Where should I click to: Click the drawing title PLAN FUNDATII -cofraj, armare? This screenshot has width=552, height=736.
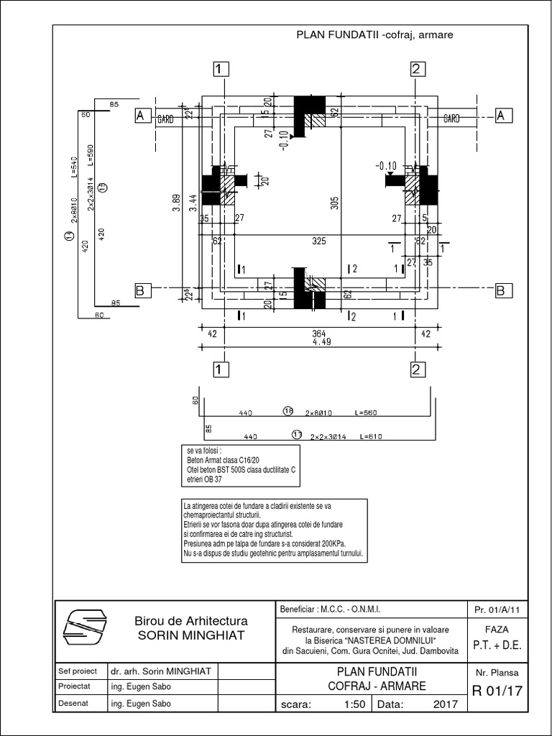click(x=374, y=34)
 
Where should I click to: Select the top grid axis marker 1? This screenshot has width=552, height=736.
click(x=221, y=69)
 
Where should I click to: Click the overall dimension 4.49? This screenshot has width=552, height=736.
click(x=318, y=342)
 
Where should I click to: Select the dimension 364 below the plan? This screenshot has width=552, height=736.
click(x=318, y=332)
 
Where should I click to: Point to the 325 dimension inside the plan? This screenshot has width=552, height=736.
click(x=319, y=241)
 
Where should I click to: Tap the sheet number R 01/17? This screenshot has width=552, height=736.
click(x=497, y=692)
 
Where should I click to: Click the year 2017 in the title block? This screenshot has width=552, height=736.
click(x=446, y=704)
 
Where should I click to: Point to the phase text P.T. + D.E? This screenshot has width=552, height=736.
click(x=497, y=645)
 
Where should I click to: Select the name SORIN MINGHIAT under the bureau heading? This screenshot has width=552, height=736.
click(x=191, y=635)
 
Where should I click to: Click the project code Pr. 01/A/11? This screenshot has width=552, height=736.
click(x=497, y=609)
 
